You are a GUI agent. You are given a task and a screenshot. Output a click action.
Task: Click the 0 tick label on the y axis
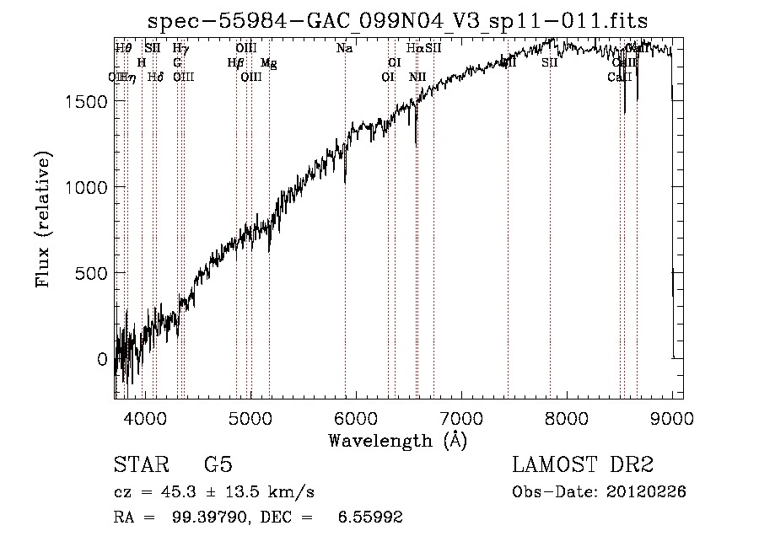(x=103, y=359)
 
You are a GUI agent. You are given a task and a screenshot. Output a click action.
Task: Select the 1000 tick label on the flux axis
(x=85, y=187)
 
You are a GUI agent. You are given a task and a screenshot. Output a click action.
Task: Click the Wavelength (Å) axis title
(x=397, y=440)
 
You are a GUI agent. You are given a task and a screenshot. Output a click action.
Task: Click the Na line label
(x=344, y=49)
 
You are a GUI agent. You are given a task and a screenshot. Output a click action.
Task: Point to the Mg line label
(x=267, y=63)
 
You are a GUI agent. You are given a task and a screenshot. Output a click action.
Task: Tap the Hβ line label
(x=236, y=63)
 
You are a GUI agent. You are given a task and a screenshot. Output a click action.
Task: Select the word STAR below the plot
(x=140, y=465)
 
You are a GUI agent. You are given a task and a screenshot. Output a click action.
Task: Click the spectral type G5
(x=218, y=465)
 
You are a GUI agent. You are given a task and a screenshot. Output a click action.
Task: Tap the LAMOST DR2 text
(x=583, y=465)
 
